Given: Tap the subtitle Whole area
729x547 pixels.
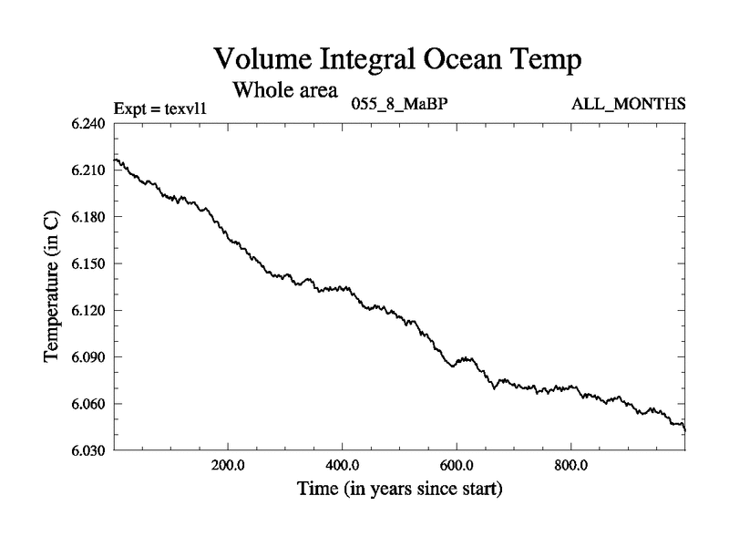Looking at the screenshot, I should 285,89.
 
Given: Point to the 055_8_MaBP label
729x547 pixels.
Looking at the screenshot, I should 399,104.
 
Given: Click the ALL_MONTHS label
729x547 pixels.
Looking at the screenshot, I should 629,104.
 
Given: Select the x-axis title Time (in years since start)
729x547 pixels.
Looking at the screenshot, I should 399,490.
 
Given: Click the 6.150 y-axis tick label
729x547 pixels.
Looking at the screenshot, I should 89,263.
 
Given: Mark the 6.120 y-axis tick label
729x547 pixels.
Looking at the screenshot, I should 89,310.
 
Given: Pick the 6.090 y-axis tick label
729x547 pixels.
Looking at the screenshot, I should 89,357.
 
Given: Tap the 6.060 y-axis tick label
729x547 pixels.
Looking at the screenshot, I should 89,404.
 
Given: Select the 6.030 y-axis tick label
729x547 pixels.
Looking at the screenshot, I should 89,450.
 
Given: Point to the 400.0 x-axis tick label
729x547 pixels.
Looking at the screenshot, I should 342,465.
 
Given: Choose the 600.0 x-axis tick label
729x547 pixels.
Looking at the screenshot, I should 457,465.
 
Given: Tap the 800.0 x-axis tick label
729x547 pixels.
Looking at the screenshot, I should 570,465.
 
